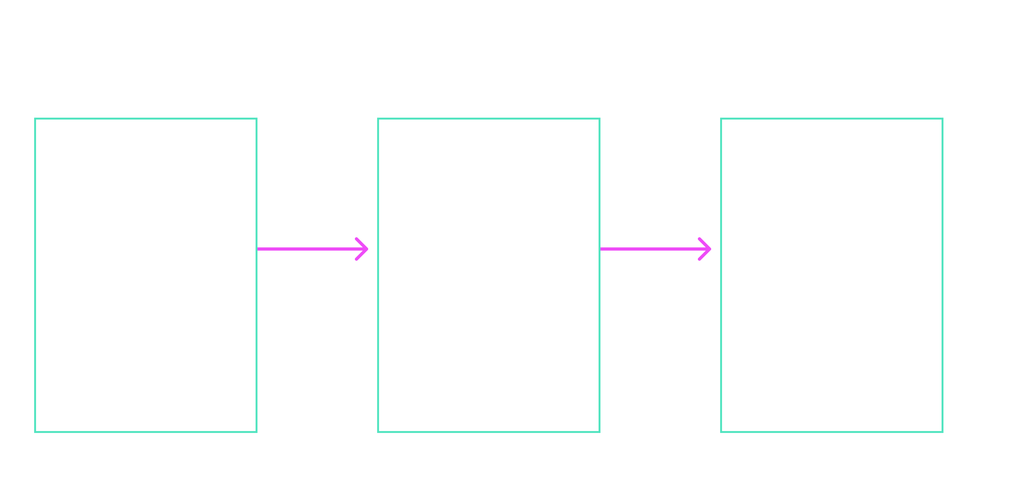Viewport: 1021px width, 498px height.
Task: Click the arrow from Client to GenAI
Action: (x=313, y=249)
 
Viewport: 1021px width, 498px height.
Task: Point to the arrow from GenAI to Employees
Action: (x=656, y=249)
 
